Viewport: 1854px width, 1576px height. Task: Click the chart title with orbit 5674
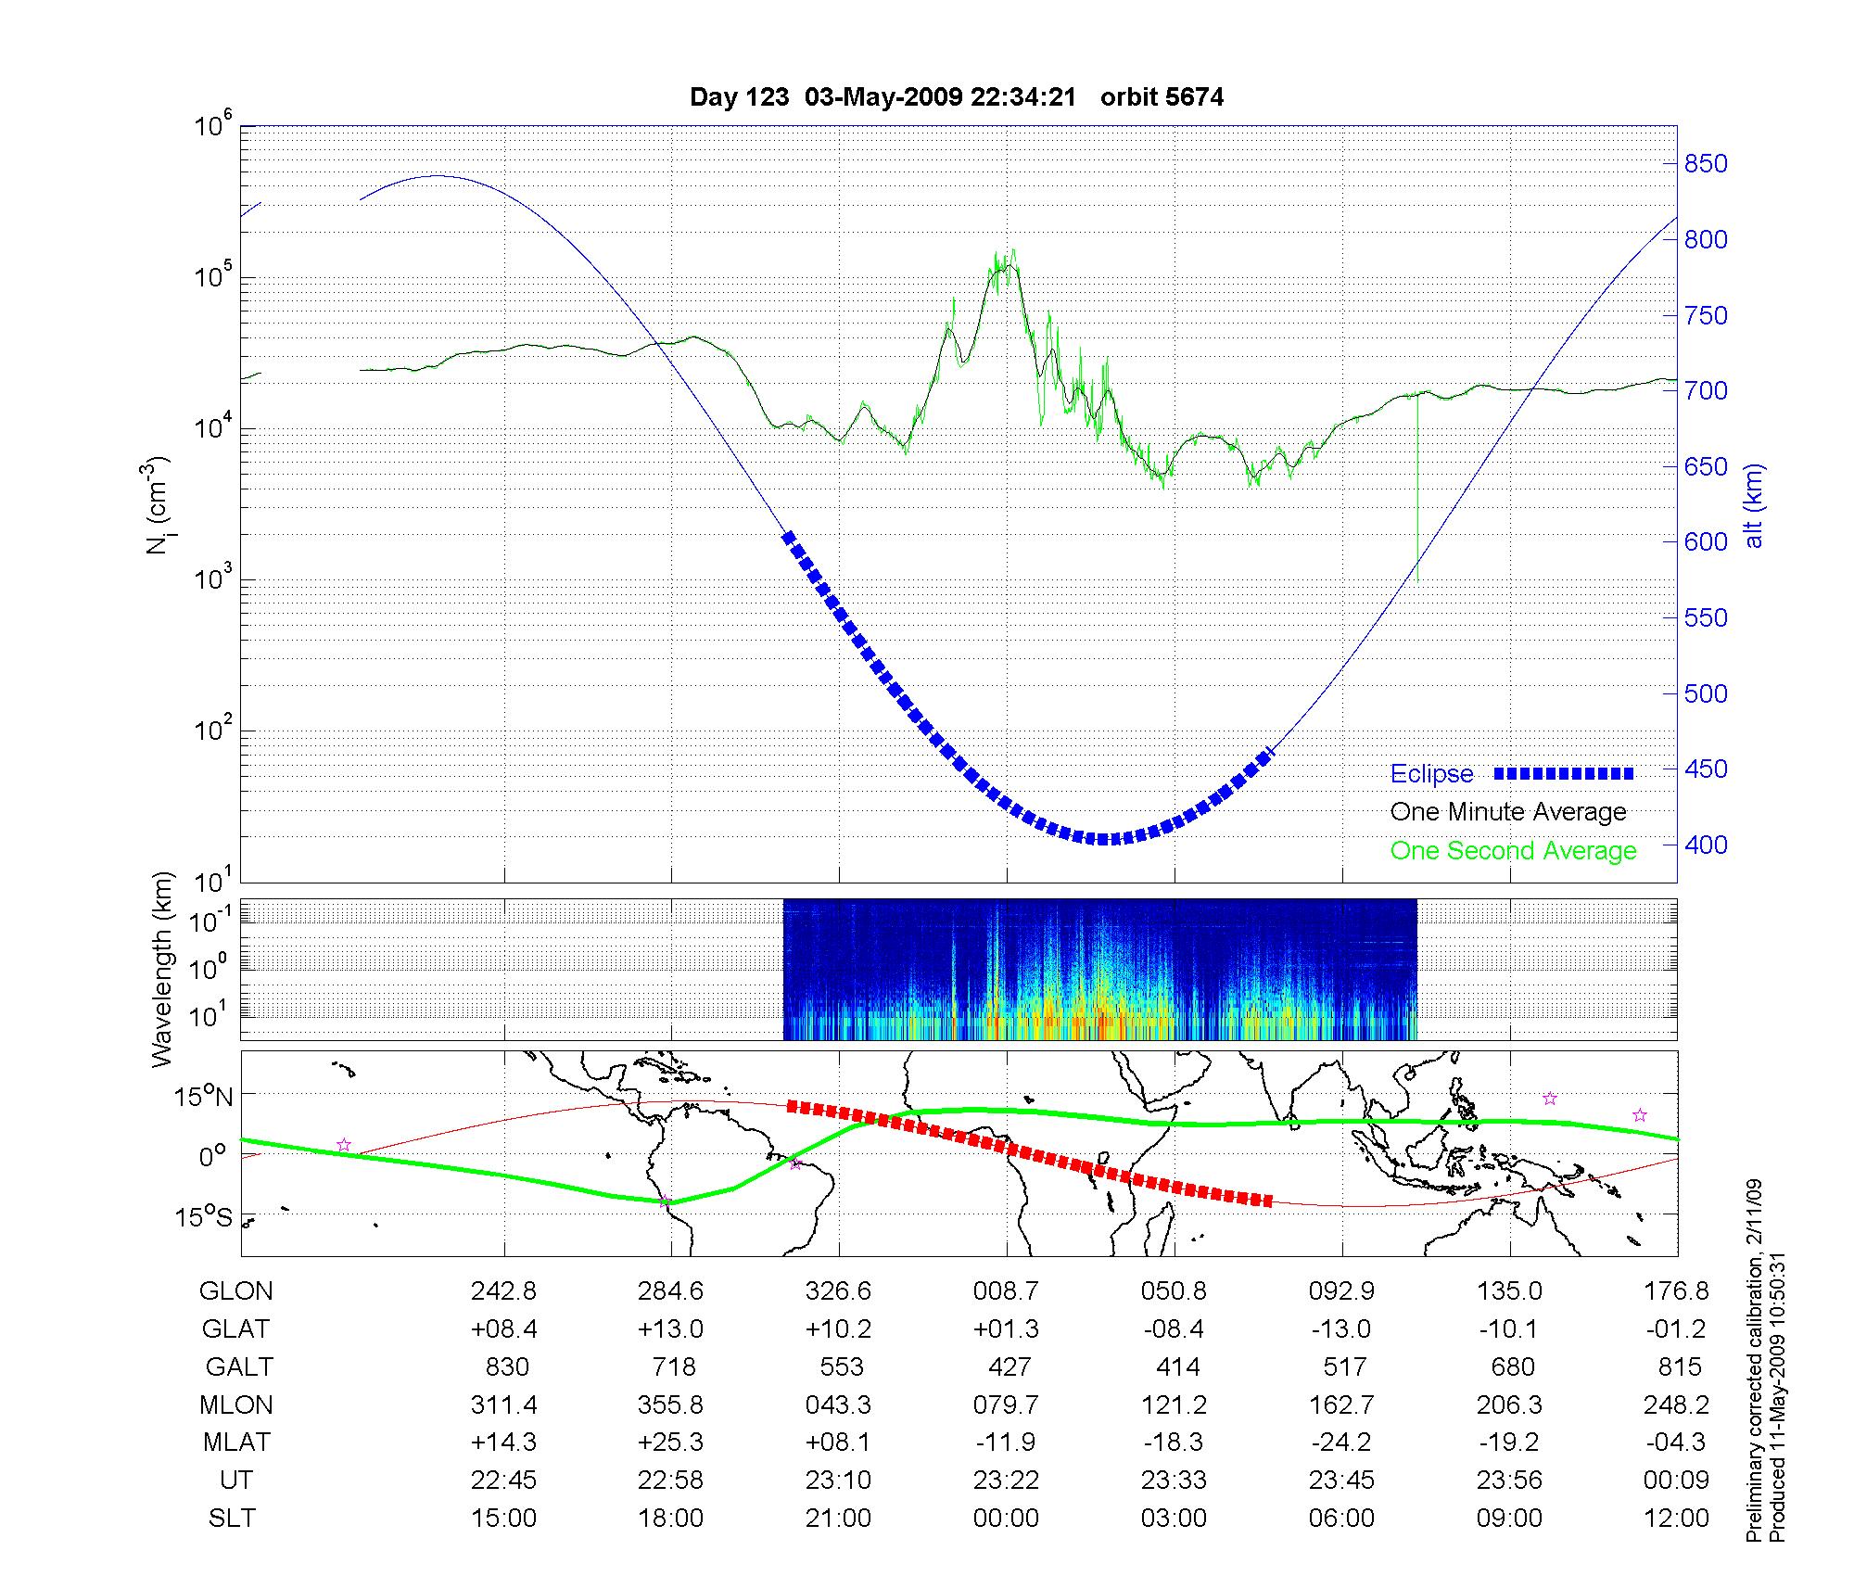(957, 97)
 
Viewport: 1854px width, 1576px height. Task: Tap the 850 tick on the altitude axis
(1706, 164)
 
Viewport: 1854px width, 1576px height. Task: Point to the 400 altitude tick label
(1706, 845)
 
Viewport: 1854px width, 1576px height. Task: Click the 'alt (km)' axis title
(1754, 505)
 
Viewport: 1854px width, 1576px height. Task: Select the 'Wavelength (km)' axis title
(163, 970)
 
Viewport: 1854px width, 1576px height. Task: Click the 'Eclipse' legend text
(1431, 774)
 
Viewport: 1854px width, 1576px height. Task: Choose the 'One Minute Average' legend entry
(1508, 812)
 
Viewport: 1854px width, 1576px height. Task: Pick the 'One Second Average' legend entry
(1513, 851)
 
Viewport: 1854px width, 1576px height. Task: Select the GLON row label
(235, 1291)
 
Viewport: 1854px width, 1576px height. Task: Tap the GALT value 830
(506, 1367)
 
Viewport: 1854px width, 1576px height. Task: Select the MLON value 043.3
(839, 1405)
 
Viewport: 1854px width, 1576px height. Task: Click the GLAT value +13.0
(670, 1329)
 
